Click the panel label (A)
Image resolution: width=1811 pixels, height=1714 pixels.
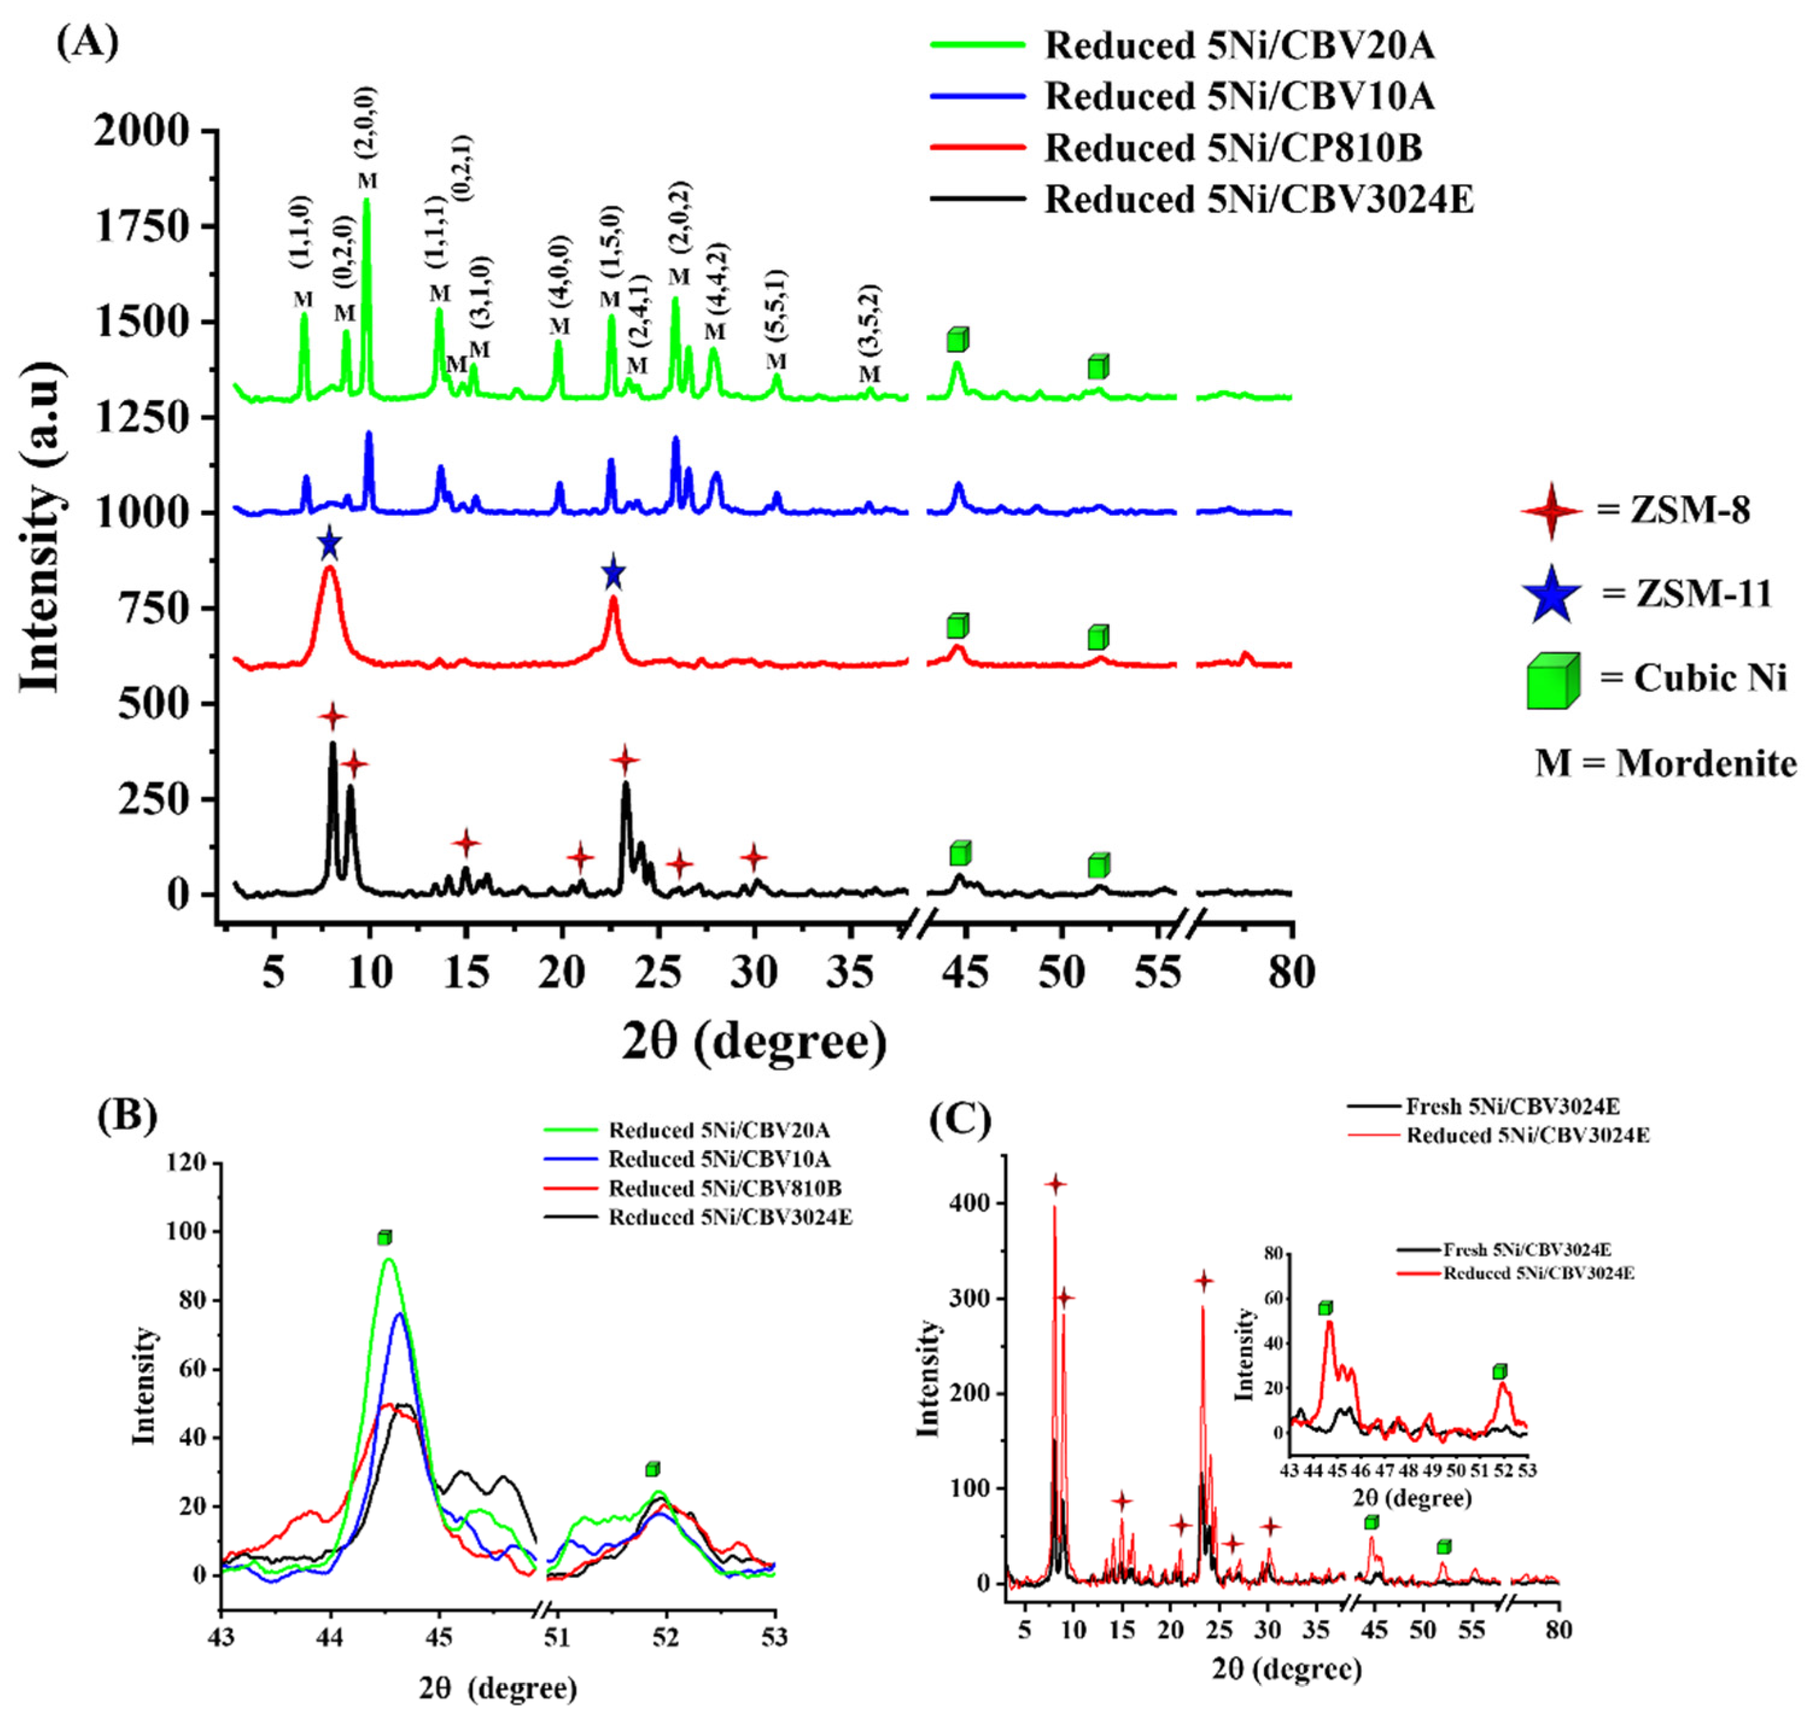tap(87, 42)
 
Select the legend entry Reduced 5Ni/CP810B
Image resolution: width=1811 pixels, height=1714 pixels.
tap(1233, 147)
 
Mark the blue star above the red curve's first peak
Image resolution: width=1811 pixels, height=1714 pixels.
tap(330, 545)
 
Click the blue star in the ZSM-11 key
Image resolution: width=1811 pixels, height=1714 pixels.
tap(1550, 595)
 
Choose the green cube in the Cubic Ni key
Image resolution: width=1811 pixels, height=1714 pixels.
tap(1552, 681)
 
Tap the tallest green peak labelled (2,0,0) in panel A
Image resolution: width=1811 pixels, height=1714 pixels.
tap(366, 201)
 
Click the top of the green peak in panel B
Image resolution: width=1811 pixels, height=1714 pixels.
tap(389, 1260)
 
